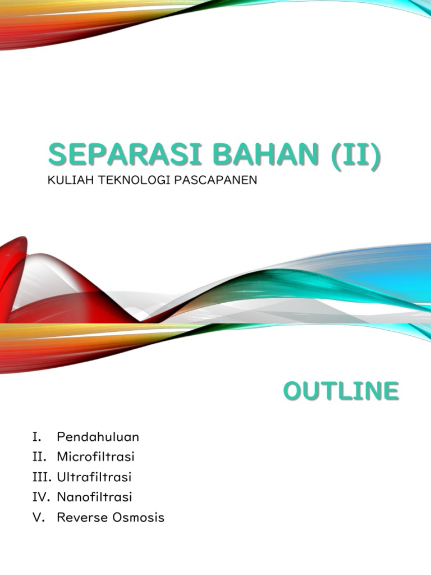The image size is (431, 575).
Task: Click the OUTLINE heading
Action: click(341, 391)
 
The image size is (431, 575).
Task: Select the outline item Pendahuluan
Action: click(98, 437)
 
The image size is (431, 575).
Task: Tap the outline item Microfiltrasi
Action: click(95, 457)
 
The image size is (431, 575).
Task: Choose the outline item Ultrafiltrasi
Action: click(94, 477)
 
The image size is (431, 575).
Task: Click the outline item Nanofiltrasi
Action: click(94, 497)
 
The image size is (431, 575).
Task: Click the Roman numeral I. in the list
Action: click(37, 437)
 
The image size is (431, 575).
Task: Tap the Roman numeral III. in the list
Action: click(43, 477)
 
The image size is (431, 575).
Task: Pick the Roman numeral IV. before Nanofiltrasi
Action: click(42, 497)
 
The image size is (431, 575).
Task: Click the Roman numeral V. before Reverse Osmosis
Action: click(38, 518)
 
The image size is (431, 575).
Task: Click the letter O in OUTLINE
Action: click(293, 391)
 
